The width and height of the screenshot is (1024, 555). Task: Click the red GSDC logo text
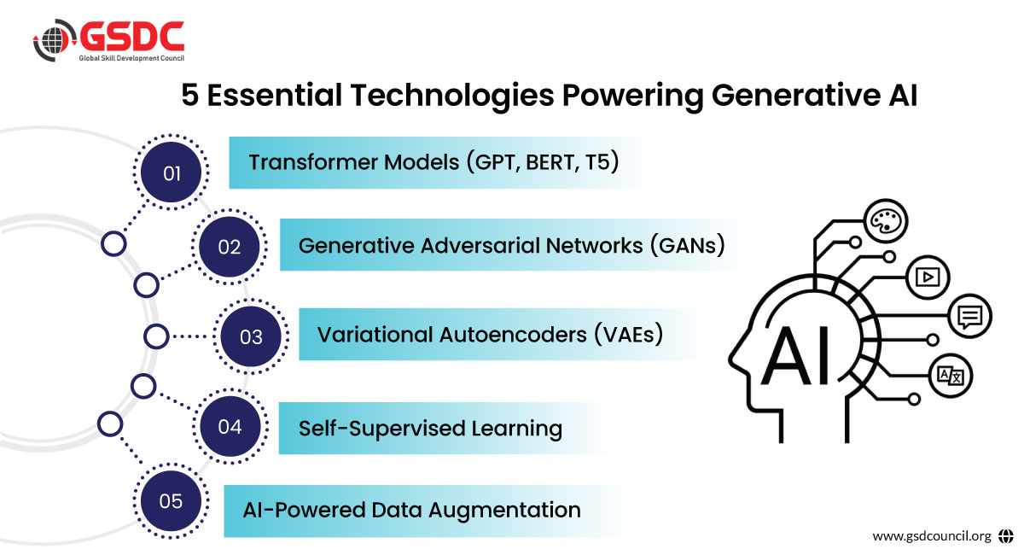[x=132, y=36]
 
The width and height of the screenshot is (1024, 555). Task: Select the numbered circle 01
[x=171, y=172]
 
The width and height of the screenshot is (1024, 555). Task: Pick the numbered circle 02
[x=229, y=247]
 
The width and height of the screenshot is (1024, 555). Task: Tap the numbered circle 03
[x=251, y=336]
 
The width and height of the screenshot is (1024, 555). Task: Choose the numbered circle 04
[x=230, y=426]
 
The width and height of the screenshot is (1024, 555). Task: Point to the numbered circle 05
[x=171, y=501]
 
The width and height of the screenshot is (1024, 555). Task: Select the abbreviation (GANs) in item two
[x=688, y=245]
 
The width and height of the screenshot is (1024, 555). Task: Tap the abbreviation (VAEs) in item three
[x=629, y=335]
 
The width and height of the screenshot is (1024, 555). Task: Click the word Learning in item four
[x=516, y=429]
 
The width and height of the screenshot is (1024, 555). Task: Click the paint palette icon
[x=887, y=220]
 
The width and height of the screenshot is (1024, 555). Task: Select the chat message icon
[x=969, y=316]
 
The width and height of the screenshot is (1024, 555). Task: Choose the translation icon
[x=951, y=376]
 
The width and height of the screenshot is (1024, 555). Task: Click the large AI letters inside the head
[x=796, y=355]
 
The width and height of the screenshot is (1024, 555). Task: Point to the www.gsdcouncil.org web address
[x=932, y=535]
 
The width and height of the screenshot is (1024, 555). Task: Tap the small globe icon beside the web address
[x=1006, y=535]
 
